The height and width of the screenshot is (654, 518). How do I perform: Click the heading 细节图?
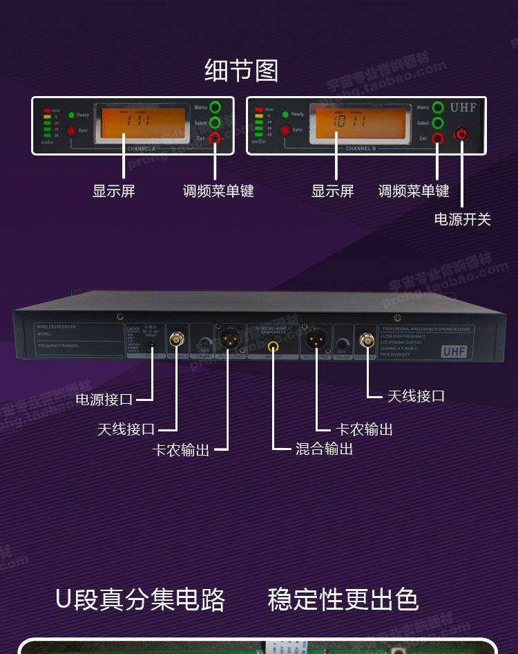click(241, 71)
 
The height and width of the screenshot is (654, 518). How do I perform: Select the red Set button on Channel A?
click(215, 138)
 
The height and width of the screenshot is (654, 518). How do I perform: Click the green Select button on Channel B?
click(437, 123)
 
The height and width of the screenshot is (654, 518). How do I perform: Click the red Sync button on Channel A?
click(72, 130)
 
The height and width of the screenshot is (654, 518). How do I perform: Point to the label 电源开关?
click(462, 220)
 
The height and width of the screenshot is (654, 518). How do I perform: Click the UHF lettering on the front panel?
click(463, 108)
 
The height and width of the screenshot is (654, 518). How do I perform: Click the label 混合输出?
click(324, 449)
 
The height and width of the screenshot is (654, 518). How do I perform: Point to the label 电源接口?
click(104, 400)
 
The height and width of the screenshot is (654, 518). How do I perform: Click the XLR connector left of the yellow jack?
click(227, 339)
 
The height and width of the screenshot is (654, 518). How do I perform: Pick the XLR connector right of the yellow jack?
click(316, 339)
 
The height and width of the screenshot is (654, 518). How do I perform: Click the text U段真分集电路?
click(140, 599)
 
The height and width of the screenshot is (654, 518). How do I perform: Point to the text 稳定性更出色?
click(343, 599)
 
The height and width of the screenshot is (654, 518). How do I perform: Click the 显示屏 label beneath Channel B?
click(332, 191)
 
